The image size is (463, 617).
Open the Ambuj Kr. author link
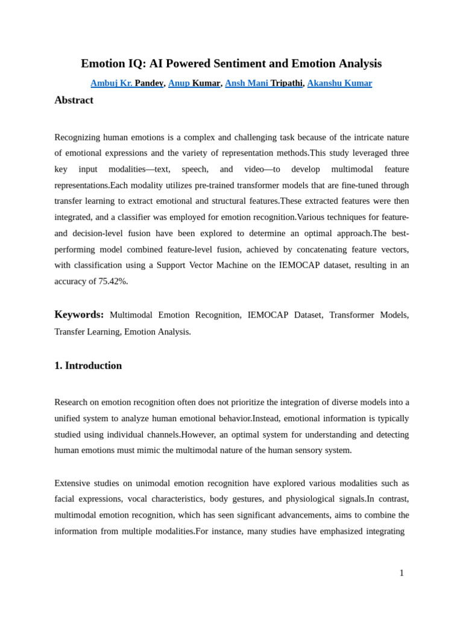point(112,83)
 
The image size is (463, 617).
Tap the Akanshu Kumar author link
point(339,83)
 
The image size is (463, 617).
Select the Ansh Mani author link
point(247,83)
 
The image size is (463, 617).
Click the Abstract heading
point(74,100)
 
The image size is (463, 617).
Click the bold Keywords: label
point(79,315)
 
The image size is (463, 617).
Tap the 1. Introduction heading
point(88,366)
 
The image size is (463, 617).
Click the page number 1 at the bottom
point(402,573)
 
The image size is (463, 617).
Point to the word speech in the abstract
point(195,169)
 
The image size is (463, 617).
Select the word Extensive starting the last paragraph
point(72,483)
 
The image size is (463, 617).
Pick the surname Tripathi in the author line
point(286,83)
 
